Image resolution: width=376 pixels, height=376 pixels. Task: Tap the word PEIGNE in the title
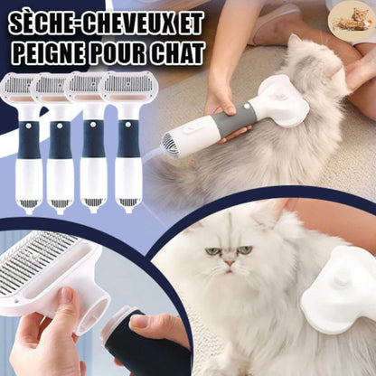click(x=49, y=52)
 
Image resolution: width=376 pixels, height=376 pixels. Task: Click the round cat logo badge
click(x=352, y=21)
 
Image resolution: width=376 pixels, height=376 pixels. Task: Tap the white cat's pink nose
click(x=230, y=263)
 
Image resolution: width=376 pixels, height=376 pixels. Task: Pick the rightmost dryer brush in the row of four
click(x=124, y=143)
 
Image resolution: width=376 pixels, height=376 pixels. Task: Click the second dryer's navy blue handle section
click(x=61, y=140)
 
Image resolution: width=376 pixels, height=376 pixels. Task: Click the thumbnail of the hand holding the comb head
click(x=66, y=295)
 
